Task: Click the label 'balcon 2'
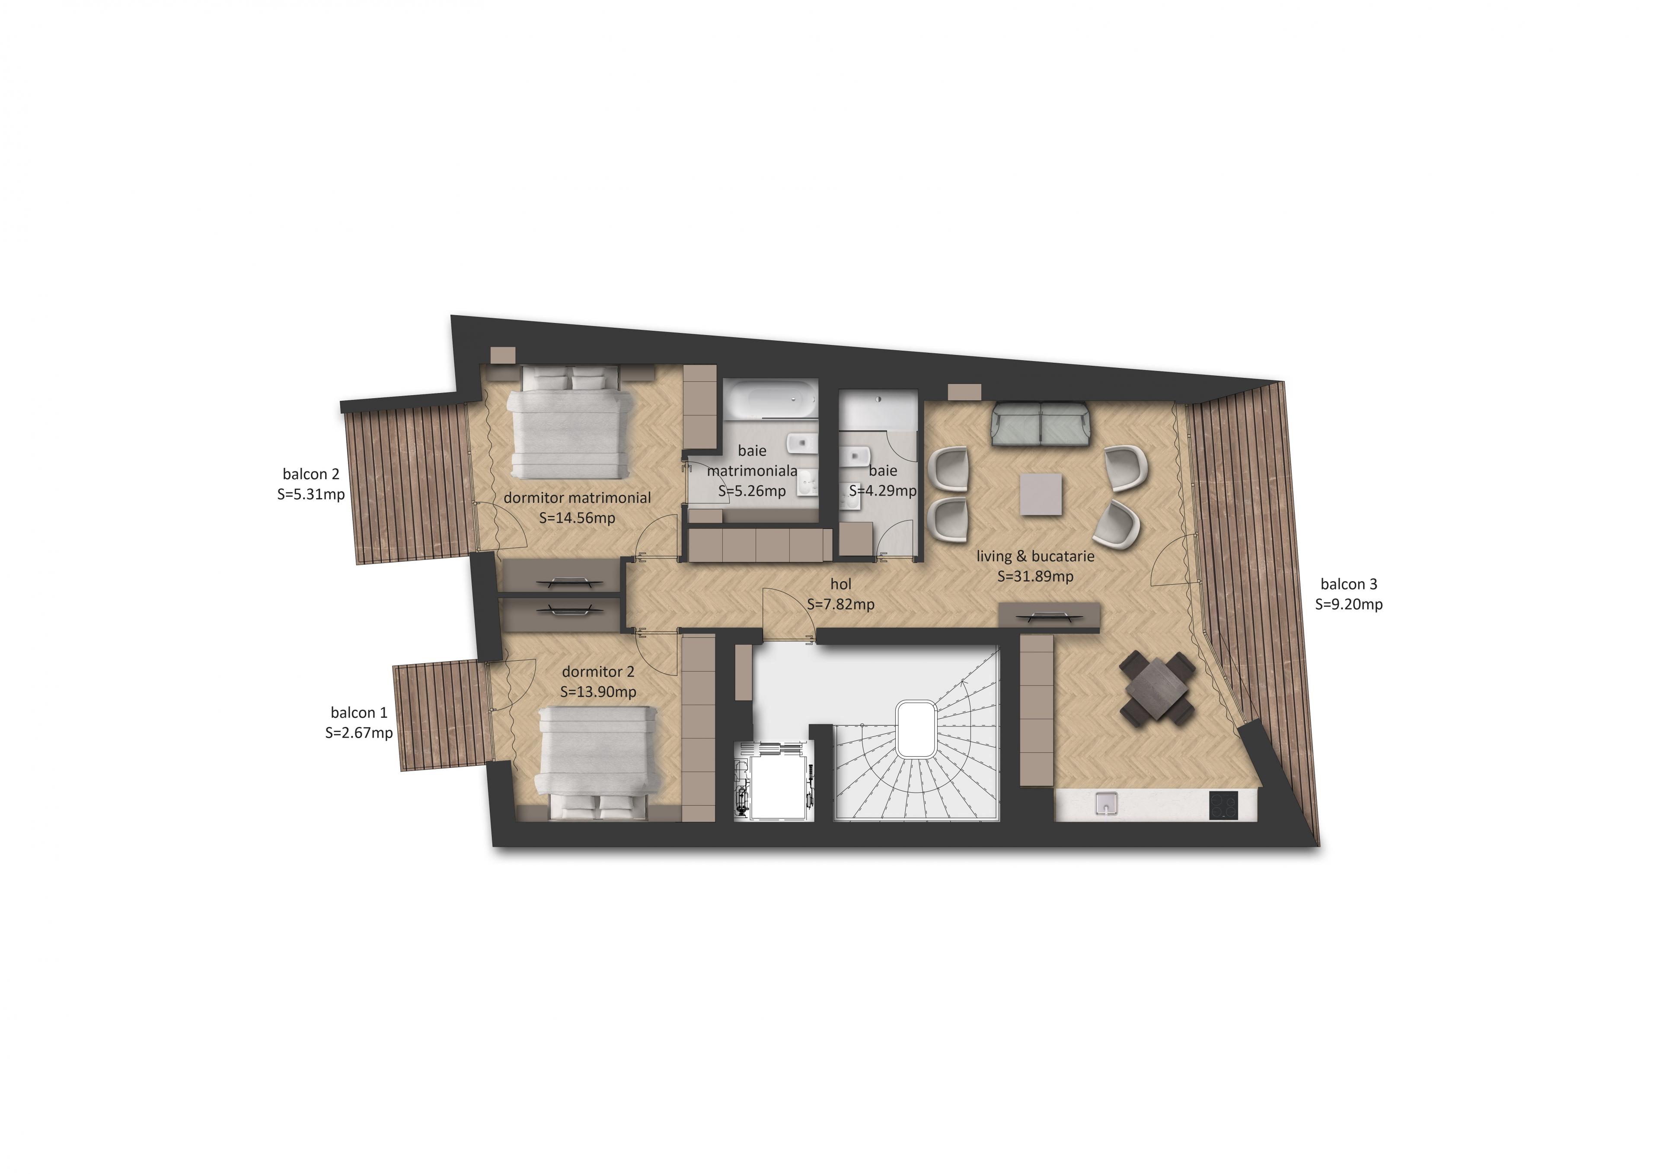click(311, 474)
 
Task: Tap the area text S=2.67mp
click(359, 733)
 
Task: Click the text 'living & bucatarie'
click(1035, 556)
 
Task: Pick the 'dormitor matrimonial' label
click(577, 498)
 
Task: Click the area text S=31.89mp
click(1035, 576)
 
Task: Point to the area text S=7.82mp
click(841, 604)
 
